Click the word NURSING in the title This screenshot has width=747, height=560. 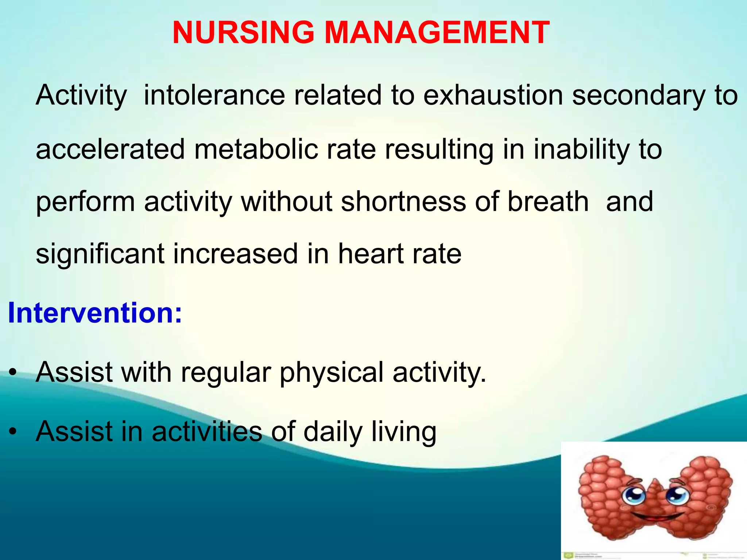point(243,33)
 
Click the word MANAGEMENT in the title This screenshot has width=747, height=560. point(437,33)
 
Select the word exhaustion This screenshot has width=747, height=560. point(493,96)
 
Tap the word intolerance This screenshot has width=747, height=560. point(214,96)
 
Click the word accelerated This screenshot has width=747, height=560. point(110,149)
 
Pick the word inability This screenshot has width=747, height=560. point(581,149)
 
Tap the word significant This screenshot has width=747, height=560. point(100,254)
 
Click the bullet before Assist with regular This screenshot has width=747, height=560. point(13,373)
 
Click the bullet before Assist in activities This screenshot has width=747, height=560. point(13,432)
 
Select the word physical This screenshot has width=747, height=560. point(331,373)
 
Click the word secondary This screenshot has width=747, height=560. point(638,96)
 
